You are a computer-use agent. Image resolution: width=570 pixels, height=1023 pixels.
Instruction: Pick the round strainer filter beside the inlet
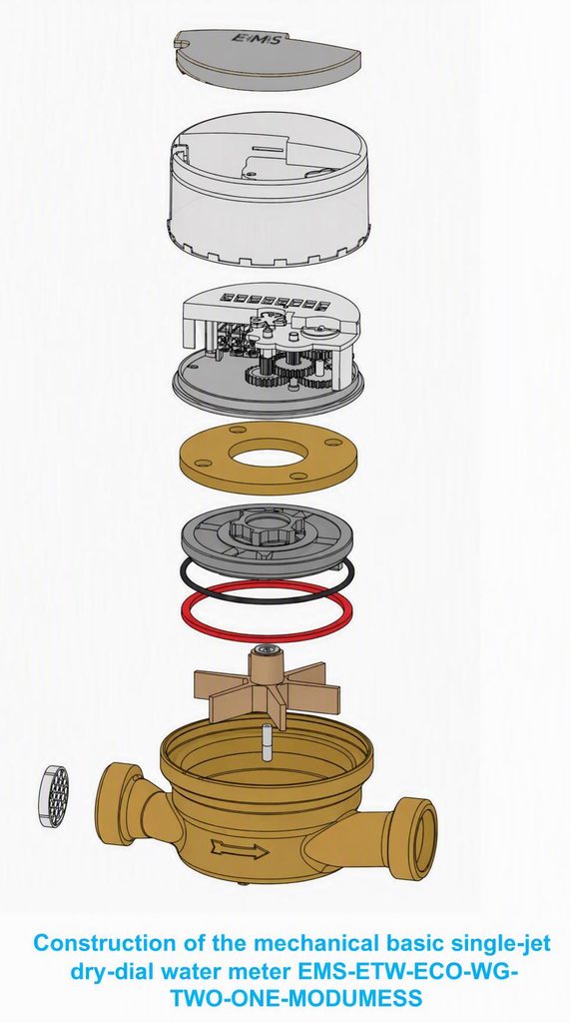(54, 796)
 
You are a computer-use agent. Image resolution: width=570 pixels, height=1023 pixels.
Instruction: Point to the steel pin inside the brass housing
(267, 742)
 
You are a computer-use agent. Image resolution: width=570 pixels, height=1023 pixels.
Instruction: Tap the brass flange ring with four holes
(269, 458)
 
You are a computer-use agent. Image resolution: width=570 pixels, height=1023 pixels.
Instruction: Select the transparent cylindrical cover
(269, 189)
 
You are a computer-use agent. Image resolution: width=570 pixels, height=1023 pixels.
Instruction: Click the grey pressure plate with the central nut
(267, 538)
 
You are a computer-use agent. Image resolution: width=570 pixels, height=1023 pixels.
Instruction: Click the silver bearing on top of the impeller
(267, 649)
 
